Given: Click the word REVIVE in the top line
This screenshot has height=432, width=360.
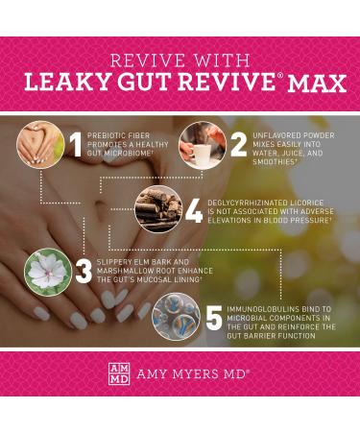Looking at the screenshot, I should [x=140, y=58].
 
